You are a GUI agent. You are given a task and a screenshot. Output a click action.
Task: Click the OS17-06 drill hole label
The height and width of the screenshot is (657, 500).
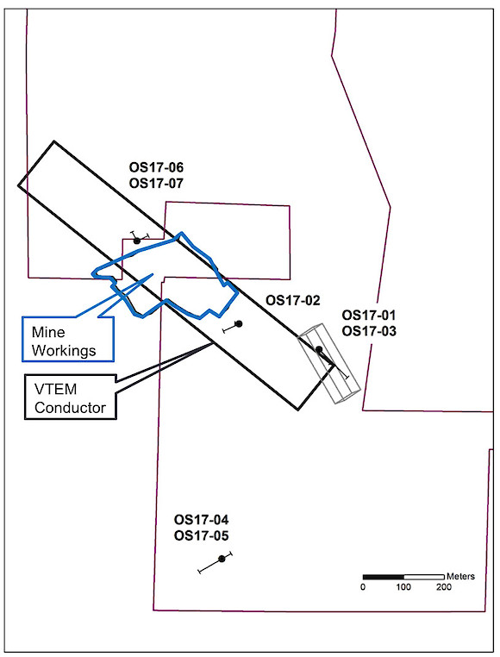coord(156,167)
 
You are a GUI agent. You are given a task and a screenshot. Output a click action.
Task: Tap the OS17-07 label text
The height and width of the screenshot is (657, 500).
coord(156,184)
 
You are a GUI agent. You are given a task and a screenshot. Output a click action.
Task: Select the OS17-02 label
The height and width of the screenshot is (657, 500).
coord(293,300)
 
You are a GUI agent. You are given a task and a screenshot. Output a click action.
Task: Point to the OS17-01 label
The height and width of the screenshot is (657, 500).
coord(369,315)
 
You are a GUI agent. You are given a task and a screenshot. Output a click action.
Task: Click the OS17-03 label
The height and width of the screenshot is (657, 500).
coord(369,331)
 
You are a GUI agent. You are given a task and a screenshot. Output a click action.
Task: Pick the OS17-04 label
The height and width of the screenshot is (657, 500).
coord(202,520)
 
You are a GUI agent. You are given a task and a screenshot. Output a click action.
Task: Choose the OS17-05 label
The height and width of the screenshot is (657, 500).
coord(202,536)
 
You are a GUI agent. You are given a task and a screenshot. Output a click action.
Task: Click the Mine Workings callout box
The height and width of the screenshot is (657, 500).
coord(68,339)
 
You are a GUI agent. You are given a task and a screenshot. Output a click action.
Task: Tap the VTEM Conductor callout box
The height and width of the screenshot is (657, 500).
coord(71,397)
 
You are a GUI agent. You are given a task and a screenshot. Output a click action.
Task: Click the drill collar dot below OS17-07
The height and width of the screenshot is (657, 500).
coord(136,241)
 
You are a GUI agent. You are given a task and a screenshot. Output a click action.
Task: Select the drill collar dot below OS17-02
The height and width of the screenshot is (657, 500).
coord(239,323)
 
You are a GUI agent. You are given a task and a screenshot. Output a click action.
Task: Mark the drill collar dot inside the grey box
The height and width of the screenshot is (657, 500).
coord(318,349)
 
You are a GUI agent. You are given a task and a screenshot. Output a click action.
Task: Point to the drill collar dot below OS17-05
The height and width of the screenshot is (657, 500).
coord(222,559)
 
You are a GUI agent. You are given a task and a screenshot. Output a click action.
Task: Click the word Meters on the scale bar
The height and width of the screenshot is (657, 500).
coord(460,577)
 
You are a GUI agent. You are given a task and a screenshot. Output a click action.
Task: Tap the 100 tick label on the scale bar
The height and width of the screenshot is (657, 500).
coord(403,586)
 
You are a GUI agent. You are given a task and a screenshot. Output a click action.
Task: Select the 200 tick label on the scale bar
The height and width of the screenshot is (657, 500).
coord(444,586)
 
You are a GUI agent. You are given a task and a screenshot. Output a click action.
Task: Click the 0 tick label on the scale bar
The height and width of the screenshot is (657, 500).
coord(363,586)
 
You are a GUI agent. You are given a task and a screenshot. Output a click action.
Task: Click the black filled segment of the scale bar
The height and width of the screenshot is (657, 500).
coord(384,577)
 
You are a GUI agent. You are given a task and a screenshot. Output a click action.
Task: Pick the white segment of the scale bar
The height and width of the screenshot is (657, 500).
coord(424,577)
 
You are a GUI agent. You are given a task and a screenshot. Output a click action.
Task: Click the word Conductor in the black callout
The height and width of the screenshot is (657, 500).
coord(71,408)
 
